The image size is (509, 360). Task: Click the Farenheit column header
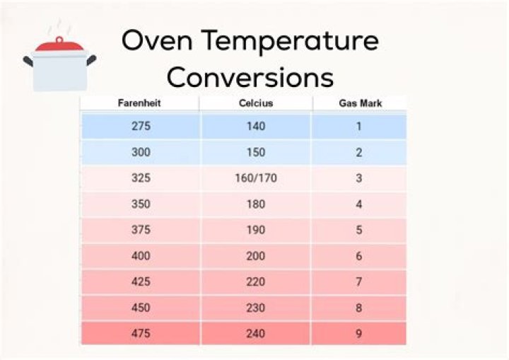coord(139,103)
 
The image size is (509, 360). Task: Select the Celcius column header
coord(255,103)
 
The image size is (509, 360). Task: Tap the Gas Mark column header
coord(358,103)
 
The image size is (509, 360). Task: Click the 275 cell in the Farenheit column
coord(141,127)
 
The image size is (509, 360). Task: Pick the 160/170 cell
coord(255,178)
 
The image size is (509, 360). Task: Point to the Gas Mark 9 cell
coord(358,333)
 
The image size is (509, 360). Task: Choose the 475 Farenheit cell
coord(141,333)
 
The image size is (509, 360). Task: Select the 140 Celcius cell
coord(255,127)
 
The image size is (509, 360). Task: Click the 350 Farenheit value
coord(141,204)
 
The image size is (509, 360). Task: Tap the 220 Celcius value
coord(255,281)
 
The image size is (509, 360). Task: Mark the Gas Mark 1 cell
coord(358,127)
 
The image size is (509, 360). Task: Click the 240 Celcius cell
coord(255,333)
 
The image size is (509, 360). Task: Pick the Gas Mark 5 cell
coord(358,230)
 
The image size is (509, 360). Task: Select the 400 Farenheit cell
coord(141,256)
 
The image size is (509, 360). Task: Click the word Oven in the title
coord(154,41)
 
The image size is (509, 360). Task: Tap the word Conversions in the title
coord(250,76)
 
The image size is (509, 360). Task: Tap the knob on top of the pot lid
coord(59,39)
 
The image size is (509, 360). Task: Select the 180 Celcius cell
coord(255,204)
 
